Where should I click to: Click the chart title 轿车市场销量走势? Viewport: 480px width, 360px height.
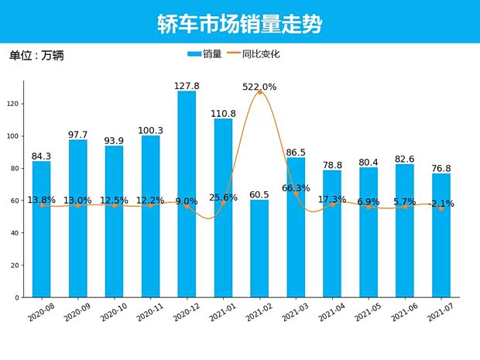239,23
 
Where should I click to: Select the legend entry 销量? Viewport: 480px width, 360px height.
205,54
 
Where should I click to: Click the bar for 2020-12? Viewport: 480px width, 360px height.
187,194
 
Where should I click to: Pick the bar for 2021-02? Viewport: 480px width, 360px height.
259,248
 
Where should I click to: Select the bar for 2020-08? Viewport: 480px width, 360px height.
41,228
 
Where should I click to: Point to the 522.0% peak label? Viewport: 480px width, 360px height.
259,87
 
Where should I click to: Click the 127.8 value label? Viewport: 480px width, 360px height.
187,86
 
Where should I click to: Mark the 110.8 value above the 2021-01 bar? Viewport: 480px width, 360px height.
223,114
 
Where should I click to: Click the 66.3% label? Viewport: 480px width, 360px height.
296,188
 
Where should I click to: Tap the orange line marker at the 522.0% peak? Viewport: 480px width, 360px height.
259,92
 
